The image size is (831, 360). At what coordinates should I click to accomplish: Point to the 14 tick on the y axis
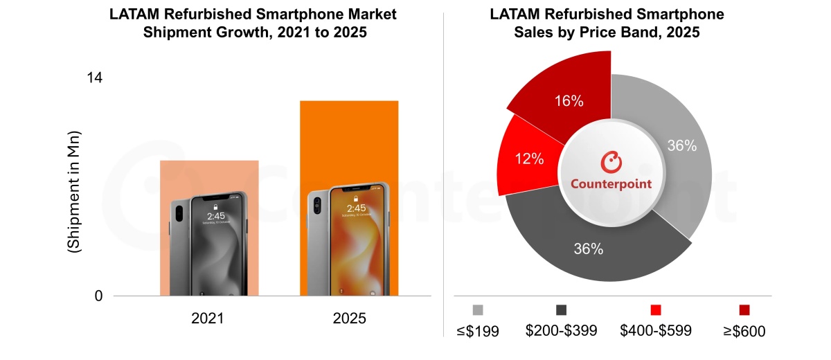tap(94, 78)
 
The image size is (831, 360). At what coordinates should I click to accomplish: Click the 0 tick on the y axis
tap(98, 296)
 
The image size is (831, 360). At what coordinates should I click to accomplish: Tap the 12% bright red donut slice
tap(528, 159)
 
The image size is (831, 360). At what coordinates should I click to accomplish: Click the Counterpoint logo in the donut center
tap(611, 172)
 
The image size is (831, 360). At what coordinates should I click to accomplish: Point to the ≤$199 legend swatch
tap(478, 309)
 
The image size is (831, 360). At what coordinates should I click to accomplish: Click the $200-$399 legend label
tap(561, 331)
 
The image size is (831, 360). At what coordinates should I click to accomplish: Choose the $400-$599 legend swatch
tap(656, 309)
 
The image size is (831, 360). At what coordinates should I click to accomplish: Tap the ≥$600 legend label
tap(744, 331)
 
